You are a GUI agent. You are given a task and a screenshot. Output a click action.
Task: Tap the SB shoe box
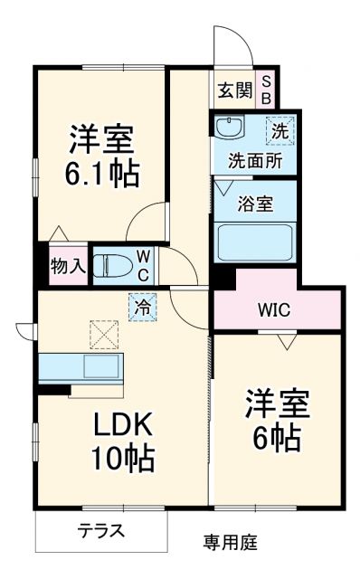click(267, 90)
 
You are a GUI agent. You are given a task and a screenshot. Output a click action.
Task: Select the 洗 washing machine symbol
click(280, 130)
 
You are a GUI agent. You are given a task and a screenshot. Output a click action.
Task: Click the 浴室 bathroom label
click(255, 204)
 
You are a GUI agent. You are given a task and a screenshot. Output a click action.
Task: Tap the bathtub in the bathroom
click(255, 240)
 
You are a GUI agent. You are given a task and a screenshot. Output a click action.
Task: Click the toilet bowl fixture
click(114, 263)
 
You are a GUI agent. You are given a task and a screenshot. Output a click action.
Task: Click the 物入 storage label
click(67, 265)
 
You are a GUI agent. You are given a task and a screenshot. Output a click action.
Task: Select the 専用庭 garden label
click(229, 543)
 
